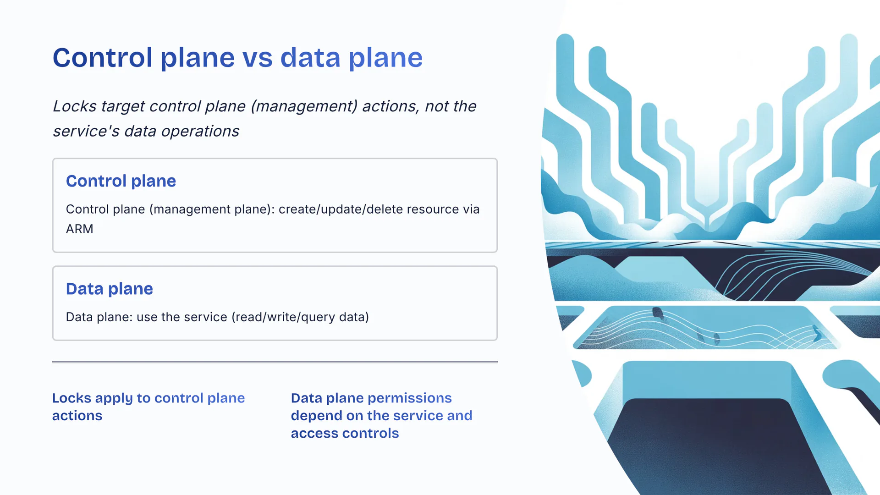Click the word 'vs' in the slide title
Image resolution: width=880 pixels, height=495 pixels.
[x=257, y=58]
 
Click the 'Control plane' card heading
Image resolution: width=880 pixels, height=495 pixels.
[x=121, y=181]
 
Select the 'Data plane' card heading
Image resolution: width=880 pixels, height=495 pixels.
[x=110, y=289]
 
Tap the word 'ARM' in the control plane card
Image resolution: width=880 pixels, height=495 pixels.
[x=80, y=229]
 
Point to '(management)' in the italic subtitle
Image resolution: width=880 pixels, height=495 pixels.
[x=304, y=106]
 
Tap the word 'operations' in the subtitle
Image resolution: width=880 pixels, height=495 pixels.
[x=200, y=132]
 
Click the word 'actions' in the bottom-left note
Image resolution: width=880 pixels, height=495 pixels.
[x=77, y=416]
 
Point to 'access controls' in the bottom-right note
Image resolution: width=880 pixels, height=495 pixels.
[x=345, y=434]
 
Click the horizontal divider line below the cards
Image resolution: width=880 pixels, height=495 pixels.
[x=275, y=362]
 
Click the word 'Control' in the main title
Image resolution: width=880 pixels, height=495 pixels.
[x=103, y=58]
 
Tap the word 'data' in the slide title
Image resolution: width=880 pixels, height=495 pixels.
[x=310, y=58]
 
